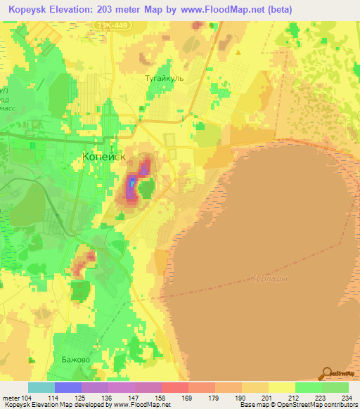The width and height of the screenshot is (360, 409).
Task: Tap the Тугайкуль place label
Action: pyautogui.click(x=164, y=79)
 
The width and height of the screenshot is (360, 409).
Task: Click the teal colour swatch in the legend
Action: pyautogui.click(x=41, y=387)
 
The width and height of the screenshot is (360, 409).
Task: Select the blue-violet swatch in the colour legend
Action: pyautogui.click(x=68, y=387)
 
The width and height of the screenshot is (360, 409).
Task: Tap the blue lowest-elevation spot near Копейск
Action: pyautogui.click(x=131, y=185)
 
